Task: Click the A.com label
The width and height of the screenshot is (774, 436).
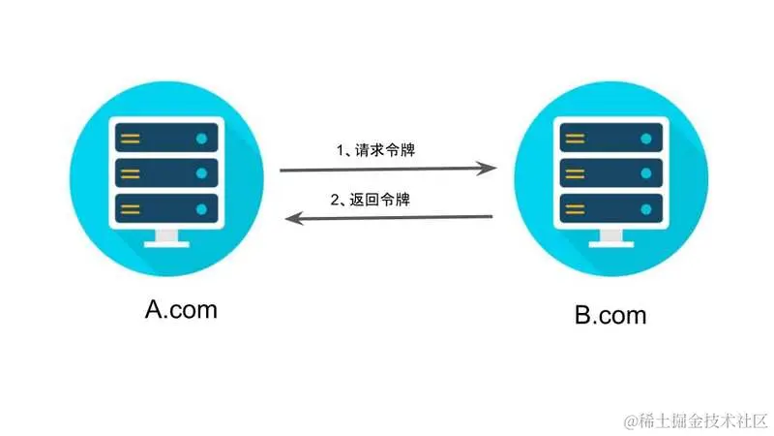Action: [181, 310]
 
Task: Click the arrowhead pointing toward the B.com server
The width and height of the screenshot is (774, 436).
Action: [490, 169]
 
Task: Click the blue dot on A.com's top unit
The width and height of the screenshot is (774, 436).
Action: [201, 139]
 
